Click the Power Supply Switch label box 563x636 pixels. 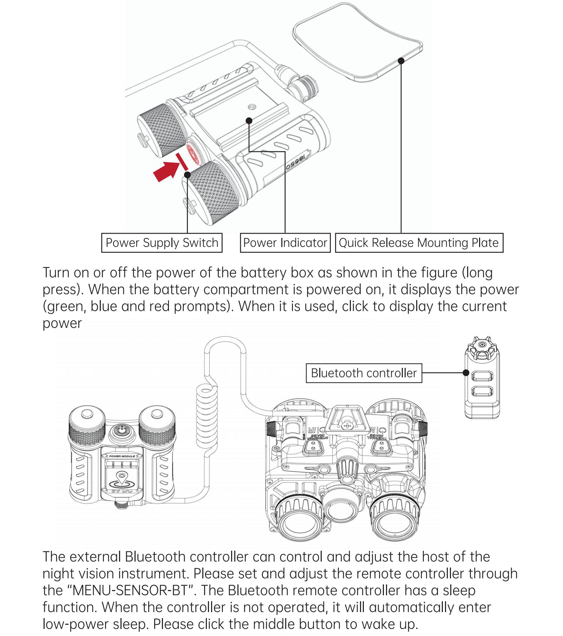(162, 243)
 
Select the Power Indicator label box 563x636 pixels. (285, 243)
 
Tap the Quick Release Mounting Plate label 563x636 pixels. (419, 243)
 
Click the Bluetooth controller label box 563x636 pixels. (364, 373)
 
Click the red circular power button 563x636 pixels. (194, 151)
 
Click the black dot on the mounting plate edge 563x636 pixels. (401, 61)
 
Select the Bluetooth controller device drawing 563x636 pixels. (482, 379)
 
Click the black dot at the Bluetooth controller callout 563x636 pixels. (466, 373)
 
